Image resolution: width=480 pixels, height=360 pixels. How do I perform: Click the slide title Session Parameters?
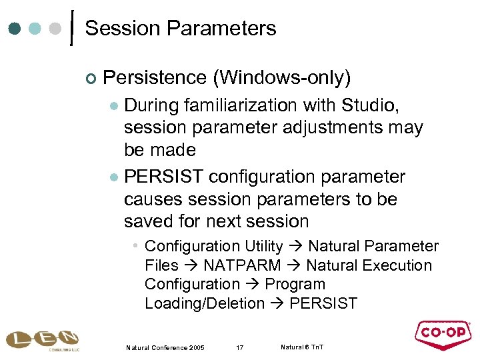coord(180,29)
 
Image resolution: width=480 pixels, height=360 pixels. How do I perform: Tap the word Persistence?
coord(155,78)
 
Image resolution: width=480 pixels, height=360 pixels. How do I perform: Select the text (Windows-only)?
coord(281,78)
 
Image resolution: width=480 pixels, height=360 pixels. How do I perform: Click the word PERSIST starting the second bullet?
coord(164,177)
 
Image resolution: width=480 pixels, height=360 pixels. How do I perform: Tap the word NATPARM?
coord(242,265)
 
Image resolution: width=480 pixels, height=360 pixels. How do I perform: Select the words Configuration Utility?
coord(213,246)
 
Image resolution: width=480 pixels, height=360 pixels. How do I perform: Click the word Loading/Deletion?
coord(205,303)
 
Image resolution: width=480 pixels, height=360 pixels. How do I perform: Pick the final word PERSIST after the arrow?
coord(324,303)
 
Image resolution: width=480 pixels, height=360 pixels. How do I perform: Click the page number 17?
coord(241,347)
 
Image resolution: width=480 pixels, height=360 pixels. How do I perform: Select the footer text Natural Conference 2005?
coord(165,347)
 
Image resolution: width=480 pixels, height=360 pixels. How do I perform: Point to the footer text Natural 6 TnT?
coord(302,347)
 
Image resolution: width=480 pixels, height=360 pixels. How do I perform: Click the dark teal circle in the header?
coord(15,29)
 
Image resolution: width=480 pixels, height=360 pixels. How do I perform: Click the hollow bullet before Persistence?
coord(91,79)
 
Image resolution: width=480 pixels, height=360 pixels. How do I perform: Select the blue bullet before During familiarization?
coord(113,106)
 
